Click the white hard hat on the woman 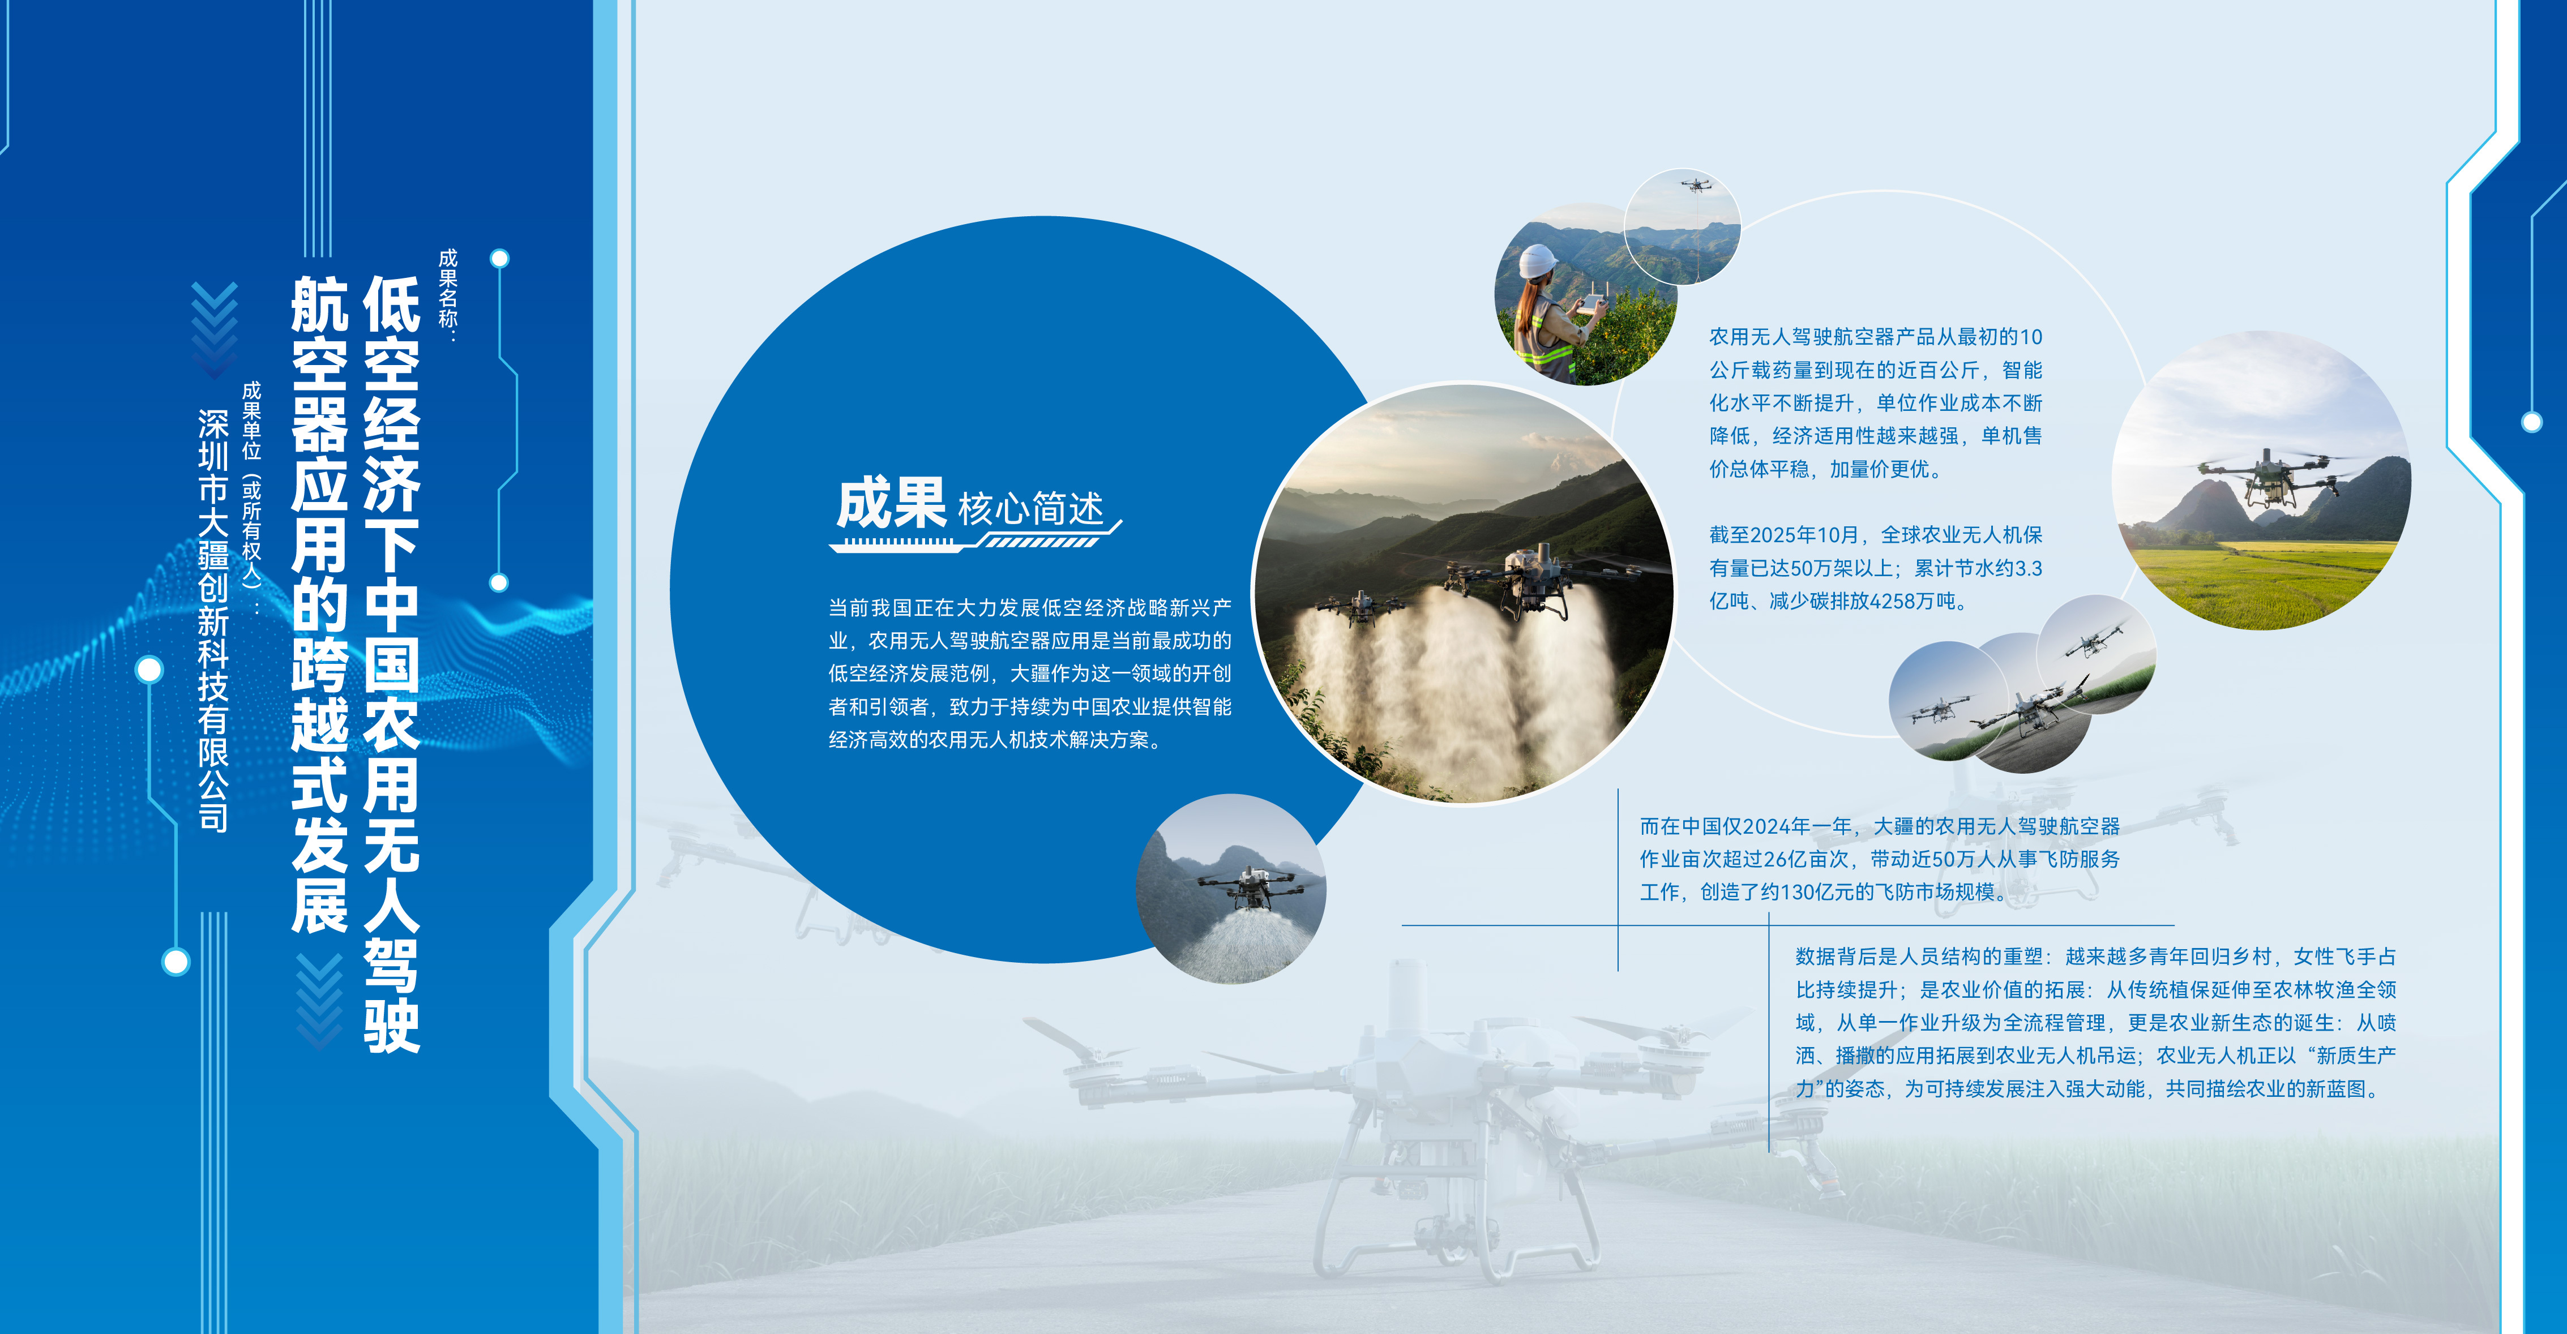pos(1538,261)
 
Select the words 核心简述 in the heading pos(1032,508)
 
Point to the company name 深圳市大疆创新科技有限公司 pos(213,620)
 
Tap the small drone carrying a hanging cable pos(1694,185)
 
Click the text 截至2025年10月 pos(1784,535)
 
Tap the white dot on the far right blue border pos(2532,422)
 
